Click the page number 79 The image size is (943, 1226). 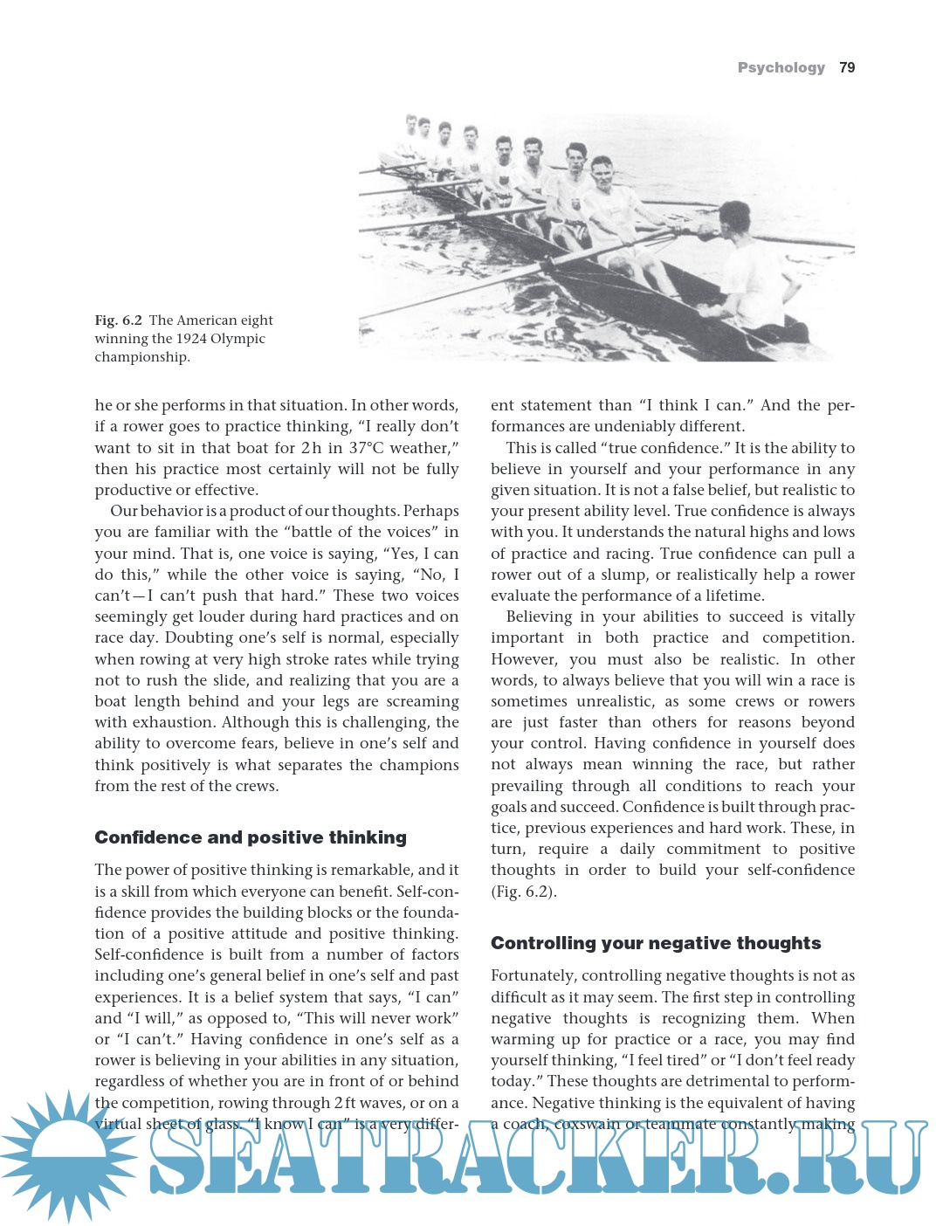(847, 67)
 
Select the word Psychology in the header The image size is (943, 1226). (781, 67)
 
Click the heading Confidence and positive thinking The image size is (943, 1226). (251, 837)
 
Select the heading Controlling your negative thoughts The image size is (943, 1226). (656, 943)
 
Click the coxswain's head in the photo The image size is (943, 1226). (734, 218)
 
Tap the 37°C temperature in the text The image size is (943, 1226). (370, 448)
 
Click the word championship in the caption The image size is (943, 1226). (142, 357)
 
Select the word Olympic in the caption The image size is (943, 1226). (237, 339)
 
